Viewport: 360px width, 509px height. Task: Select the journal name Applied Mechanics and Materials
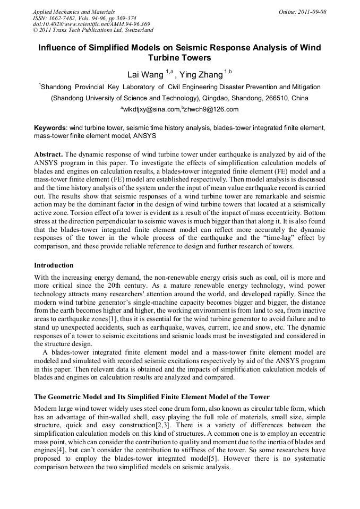point(73,12)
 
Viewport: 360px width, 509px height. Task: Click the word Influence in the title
point(58,48)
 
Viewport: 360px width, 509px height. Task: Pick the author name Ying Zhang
point(202,74)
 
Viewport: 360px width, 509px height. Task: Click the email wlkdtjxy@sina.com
point(151,109)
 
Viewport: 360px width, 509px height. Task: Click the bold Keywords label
point(50,128)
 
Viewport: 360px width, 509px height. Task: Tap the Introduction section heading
point(54,265)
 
